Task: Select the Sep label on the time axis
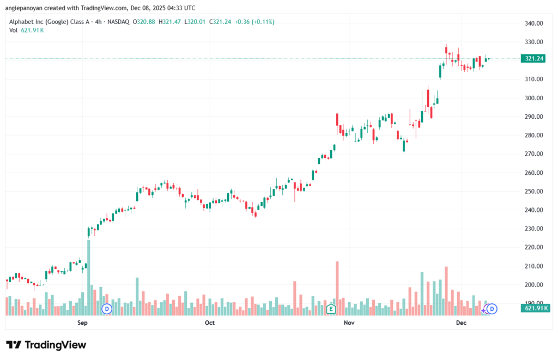tap(82, 323)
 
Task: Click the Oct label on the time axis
tap(209, 323)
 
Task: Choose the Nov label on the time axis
tap(349, 323)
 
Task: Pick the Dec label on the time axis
tap(461, 323)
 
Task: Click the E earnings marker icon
tap(330, 309)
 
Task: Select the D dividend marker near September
tap(107, 309)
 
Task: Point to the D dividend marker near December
tap(492, 309)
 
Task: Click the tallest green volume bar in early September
tap(88, 277)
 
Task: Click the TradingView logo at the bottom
tap(46, 345)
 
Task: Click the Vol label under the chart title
tap(14, 30)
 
